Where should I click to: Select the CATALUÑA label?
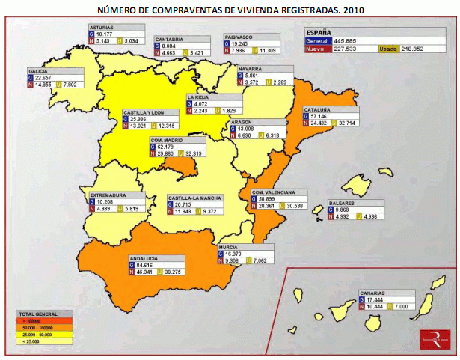pos(317,110)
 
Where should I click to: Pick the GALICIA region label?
pos(38,70)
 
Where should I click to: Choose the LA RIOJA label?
pos(197,97)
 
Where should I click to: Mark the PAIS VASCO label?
pos(240,37)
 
